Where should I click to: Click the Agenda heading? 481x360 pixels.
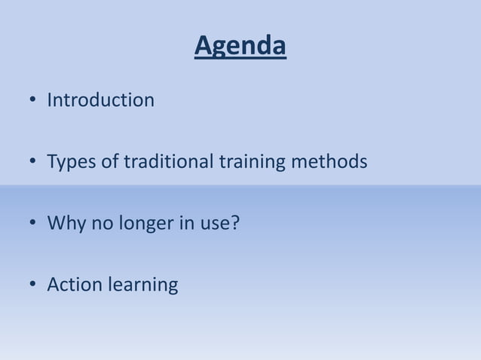[x=240, y=47]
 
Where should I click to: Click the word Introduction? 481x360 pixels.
[x=100, y=100]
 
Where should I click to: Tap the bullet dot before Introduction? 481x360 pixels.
[x=33, y=101]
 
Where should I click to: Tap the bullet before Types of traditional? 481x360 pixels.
[x=33, y=163]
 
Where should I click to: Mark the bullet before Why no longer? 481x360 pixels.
[x=33, y=224]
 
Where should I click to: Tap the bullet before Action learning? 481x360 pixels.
[x=33, y=286]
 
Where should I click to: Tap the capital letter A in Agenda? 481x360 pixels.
[x=203, y=47]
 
